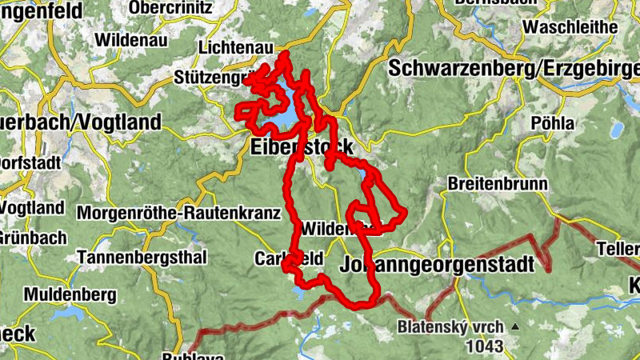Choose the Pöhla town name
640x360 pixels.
point(553,123)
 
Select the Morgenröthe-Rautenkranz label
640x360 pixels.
point(178,214)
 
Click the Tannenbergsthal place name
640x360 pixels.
point(142,258)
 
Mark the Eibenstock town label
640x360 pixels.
point(300,148)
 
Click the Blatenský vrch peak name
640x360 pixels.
point(450,327)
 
